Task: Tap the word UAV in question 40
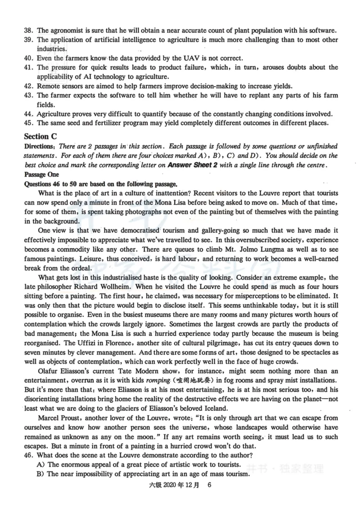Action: click(x=140, y=58)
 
